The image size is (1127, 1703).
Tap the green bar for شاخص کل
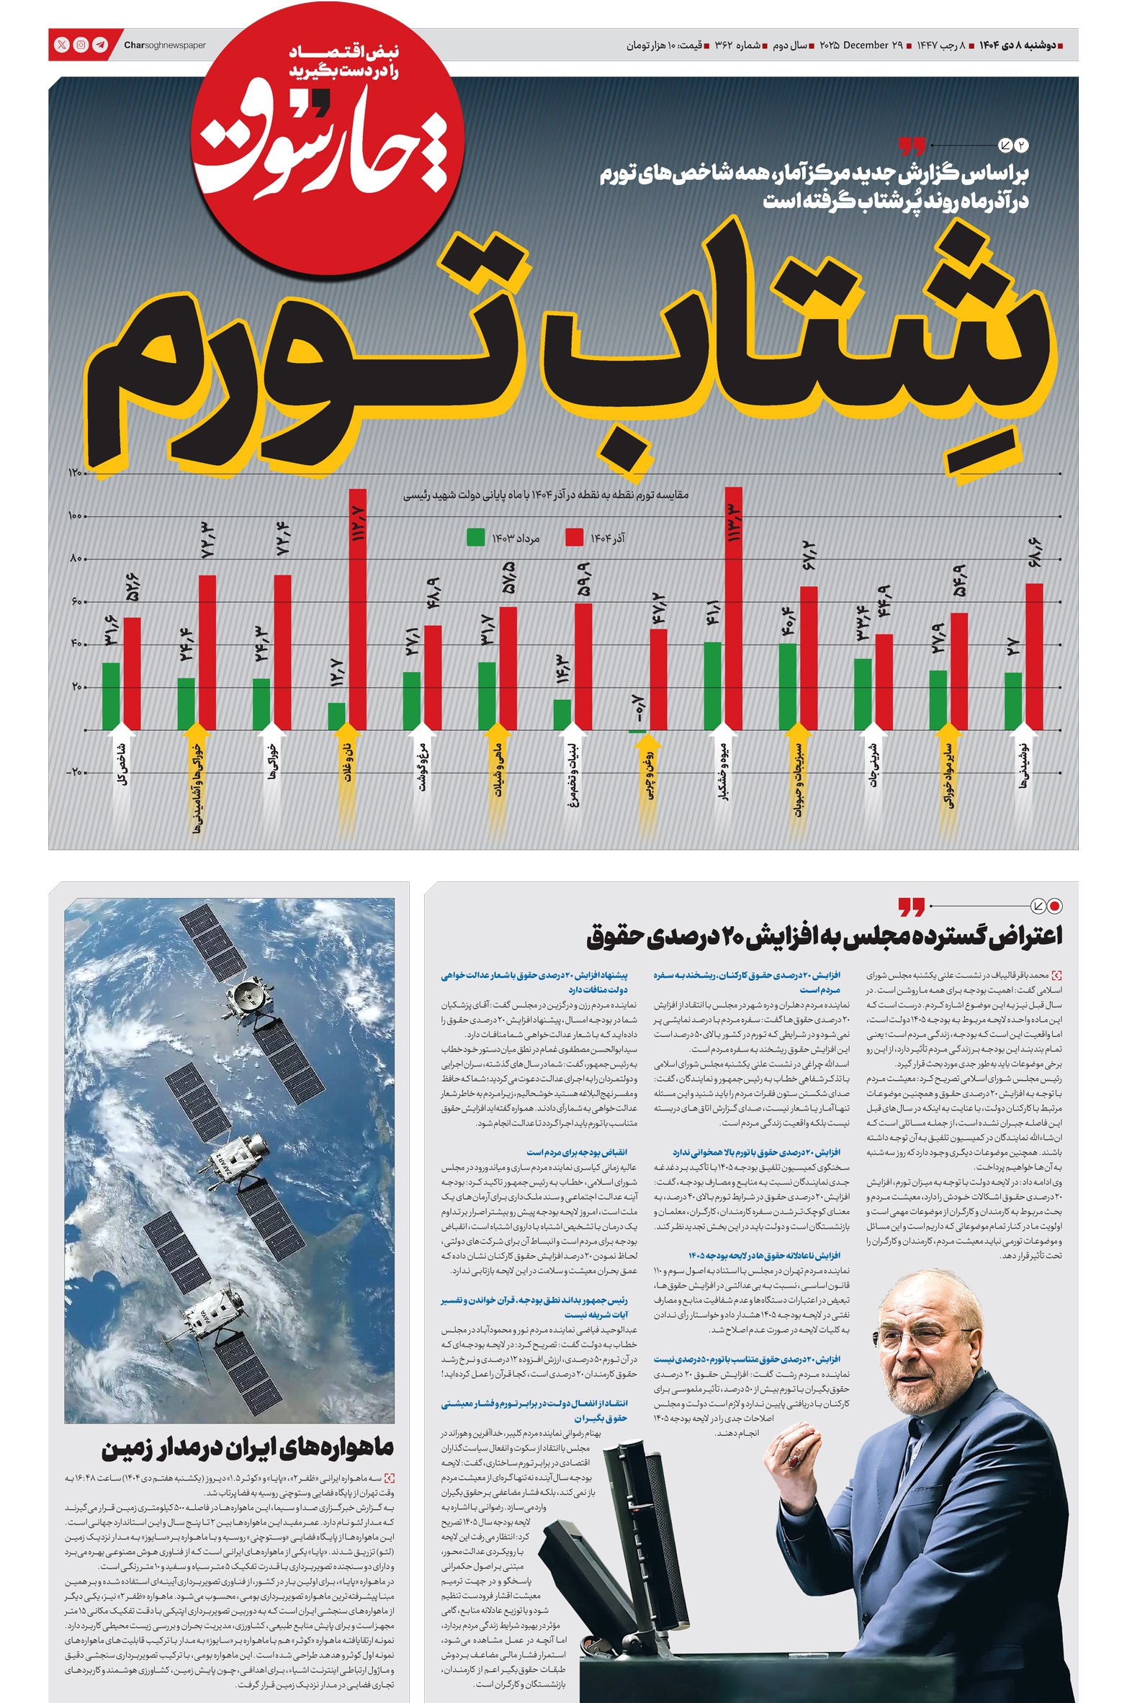[x=111, y=696]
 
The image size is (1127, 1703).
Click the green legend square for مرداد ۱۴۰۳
[x=475, y=537]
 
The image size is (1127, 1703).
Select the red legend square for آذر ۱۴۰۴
[x=574, y=537]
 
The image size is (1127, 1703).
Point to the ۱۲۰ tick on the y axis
[x=76, y=473]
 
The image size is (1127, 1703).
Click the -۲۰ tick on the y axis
[x=75, y=773]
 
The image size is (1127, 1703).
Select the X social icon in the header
[x=63, y=45]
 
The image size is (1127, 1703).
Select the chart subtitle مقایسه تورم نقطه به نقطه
[x=546, y=495]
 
